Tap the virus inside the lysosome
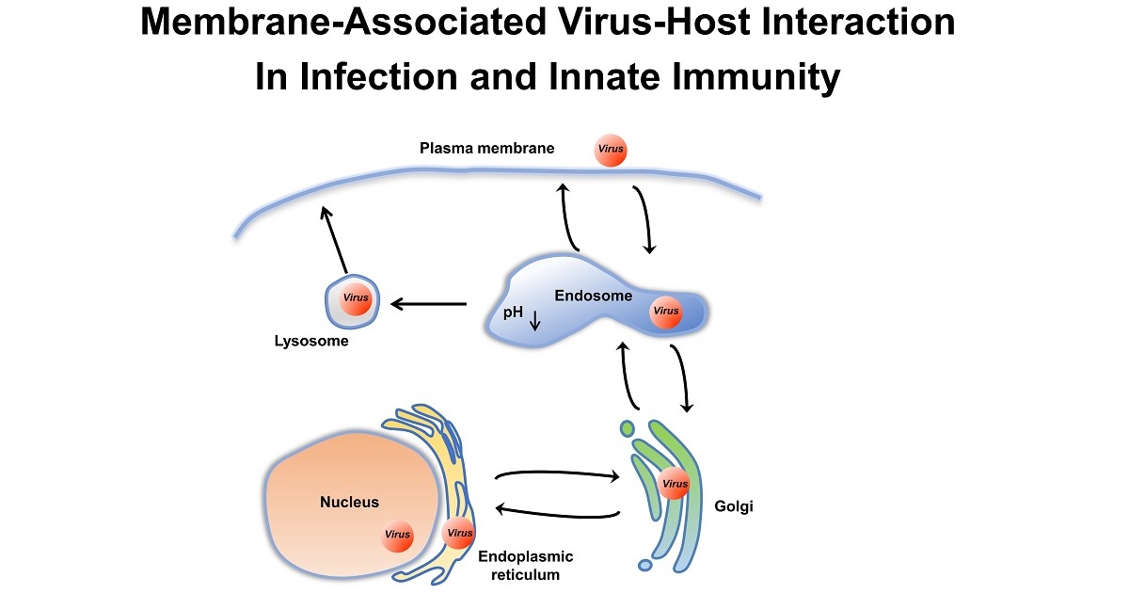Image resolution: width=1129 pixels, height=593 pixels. tap(356, 298)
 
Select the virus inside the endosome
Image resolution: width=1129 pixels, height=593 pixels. tap(665, 311)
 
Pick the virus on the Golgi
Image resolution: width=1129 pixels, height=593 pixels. tap(675, 485)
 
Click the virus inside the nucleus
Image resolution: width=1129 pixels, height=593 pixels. tap(397, 535)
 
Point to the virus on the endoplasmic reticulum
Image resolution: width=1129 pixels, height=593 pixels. tap(459, 533)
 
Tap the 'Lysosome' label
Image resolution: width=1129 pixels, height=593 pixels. tap(305, 342)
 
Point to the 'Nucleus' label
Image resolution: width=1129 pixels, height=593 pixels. tap(349, 502)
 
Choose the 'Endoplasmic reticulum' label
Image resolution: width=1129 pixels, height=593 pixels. tap(525, 566)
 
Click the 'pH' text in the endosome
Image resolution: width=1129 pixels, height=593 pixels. tap(513, 313)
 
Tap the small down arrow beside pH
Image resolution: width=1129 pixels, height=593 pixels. tap(535, 320)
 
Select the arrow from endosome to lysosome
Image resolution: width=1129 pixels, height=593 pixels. tap(428, 304)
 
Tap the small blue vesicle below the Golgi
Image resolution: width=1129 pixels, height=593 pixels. tap(644, 566)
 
